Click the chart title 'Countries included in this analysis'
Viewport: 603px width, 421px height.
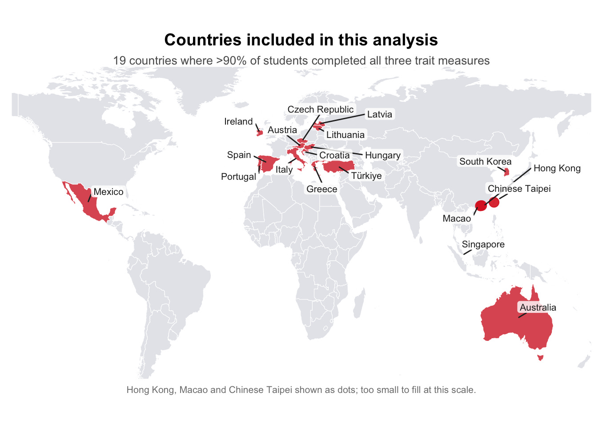click(x=301, y=40)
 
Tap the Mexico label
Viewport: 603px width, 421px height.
click(x=109, y=192)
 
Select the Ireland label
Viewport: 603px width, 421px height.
click(x=238, y=121)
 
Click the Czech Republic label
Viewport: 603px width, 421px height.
click(x=320, y=109)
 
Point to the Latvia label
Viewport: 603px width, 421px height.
click(x=380, y=114)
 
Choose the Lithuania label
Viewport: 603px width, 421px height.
click(x=345, y=135)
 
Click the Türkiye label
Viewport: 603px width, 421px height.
click(x=366, y=176)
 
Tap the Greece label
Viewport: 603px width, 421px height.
click(x=322, y=189)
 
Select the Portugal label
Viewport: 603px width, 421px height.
click(x=238, y=177)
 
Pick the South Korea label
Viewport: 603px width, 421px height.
click(x=485, y=162)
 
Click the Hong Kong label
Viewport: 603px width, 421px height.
click(x=557, y=168)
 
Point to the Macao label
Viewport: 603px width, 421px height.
click(x=457, y=219)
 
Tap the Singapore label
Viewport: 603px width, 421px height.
click(x=483, y=244)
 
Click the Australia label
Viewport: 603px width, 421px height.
click(x=538, y=308)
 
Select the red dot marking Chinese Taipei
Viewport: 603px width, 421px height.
click(x=494, y=202)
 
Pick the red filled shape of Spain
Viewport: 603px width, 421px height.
click(x=269, y=164)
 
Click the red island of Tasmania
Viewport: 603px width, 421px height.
click(x=541, y=357)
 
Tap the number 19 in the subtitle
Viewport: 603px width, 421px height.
click(x=119, y=61)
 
